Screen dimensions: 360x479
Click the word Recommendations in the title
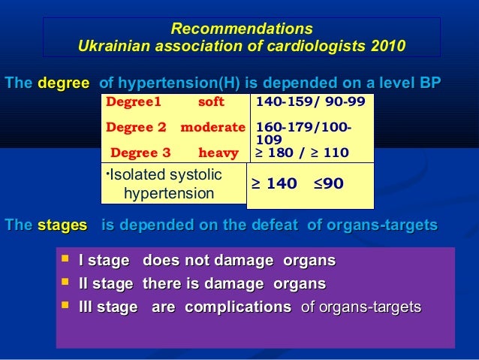(241, 29)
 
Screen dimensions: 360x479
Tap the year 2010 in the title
(387, 47)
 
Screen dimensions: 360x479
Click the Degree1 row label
(134, 101)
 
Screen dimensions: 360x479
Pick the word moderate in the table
(212, 127)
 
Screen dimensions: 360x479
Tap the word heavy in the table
(218, 153)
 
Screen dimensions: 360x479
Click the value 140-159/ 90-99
(311, 101)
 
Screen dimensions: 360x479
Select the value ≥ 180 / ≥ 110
(302, 153)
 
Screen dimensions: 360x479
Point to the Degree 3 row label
(140, 153)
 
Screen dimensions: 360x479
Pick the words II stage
(106, 284)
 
